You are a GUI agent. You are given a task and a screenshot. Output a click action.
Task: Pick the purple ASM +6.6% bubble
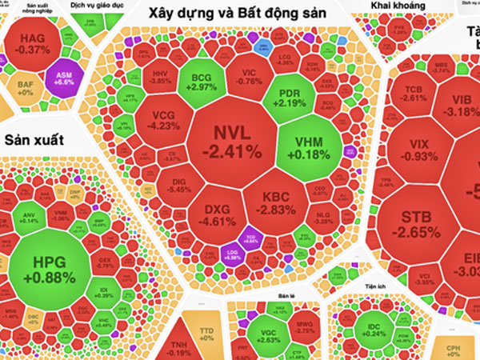tap(64, 77)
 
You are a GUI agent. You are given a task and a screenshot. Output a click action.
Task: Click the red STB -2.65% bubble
tap(420, 224)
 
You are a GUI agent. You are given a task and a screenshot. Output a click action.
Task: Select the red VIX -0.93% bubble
tap(418, 149)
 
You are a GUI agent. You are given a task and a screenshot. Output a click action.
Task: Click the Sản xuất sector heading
tap(34, 140)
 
